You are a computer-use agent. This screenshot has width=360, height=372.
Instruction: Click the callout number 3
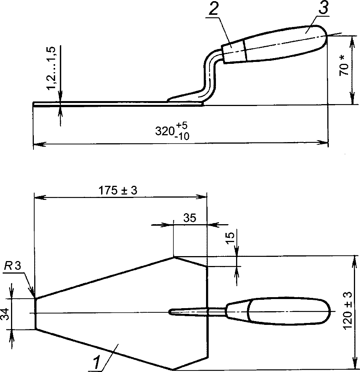[x=323, y=8]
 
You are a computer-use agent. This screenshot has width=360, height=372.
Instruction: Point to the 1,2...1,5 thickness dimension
[x=51, y=68]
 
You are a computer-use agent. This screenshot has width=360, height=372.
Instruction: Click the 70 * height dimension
[x=344, y=66]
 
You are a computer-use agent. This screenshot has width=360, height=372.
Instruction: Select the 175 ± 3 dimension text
[x=118, y=190]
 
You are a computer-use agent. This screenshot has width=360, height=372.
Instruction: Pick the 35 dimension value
[x=190, y=218]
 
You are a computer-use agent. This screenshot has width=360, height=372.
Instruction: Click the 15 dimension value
[x=230, y=238]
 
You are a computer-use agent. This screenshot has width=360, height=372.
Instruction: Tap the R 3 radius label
[x=12, y=266]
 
